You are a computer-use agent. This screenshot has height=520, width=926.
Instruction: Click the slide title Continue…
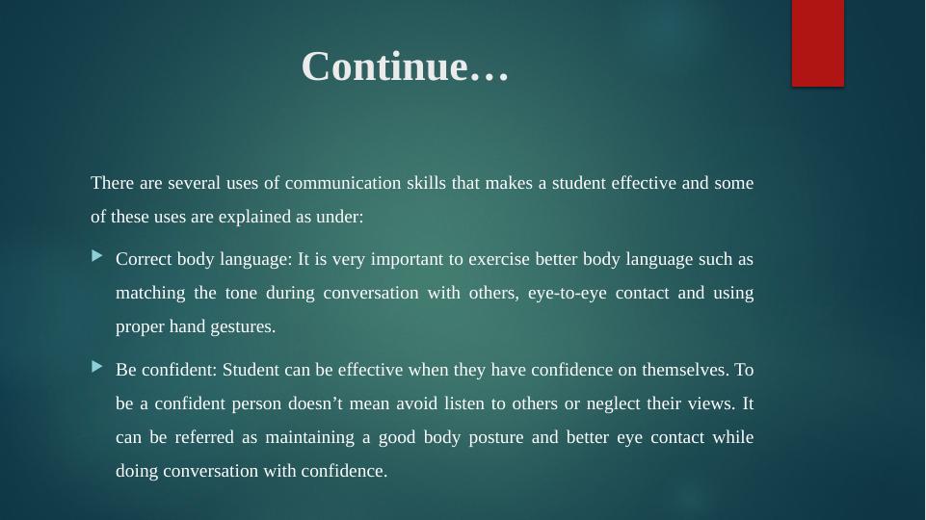405,66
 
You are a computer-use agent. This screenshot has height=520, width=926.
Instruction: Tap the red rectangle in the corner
818,43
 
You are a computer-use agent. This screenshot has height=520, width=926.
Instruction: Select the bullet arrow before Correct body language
97,255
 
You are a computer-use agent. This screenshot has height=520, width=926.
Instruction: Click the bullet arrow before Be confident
97,367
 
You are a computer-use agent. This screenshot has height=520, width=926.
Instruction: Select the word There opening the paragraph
112,183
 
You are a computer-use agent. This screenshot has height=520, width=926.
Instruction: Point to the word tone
241,293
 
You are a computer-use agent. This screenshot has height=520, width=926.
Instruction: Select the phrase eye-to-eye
567,294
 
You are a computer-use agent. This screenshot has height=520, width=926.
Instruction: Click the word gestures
243,327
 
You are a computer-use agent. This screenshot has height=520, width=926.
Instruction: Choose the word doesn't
315,403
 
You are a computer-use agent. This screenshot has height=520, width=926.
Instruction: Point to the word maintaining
309,437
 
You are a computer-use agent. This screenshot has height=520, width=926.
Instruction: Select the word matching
150,294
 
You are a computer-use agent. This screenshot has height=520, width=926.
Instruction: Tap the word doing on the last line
137,471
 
